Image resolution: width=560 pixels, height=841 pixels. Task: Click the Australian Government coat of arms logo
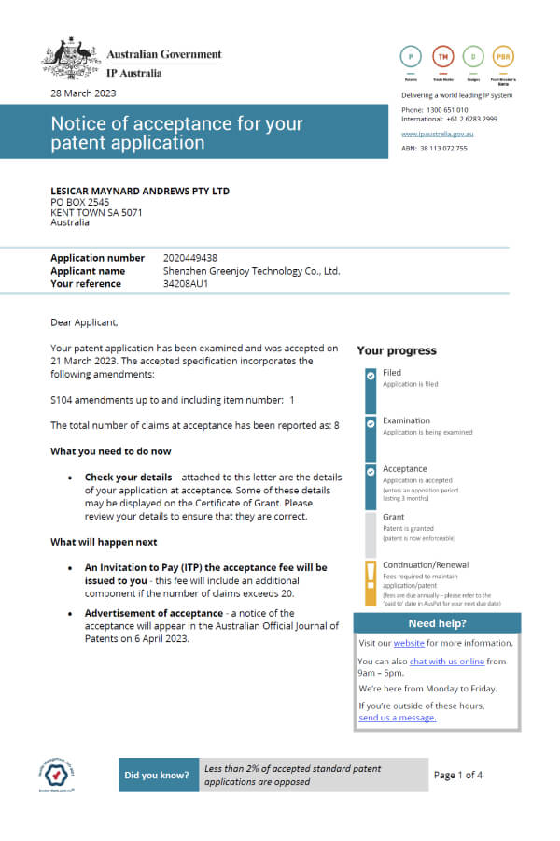coord(71,59)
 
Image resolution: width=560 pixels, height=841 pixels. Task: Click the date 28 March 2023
coord(84,94)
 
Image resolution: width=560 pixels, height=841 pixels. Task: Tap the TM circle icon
coord(443,56)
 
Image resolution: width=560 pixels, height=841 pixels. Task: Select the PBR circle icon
coord(502,56)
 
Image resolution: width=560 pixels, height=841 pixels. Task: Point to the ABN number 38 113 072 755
coord(434,148)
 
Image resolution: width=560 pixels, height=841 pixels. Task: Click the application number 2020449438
coord(189,258)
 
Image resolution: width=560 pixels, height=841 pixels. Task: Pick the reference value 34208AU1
coord(185,283)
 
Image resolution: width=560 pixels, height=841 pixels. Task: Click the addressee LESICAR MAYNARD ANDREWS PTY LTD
coord(140,192)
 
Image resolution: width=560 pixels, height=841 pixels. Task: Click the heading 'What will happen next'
coord(104,542)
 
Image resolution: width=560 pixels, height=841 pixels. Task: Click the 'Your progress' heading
coord(396,351)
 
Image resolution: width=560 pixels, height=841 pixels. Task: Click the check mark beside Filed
coord(371,375)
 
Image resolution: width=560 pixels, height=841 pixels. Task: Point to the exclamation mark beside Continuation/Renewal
coord(371,573)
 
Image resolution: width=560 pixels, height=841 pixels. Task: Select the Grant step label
coord(393,517)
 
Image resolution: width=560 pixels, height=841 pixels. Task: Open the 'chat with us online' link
coord(446,662)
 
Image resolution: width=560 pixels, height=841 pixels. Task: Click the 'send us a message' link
coord(397,718)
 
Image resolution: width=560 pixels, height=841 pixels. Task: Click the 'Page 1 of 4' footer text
coord(458,775)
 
